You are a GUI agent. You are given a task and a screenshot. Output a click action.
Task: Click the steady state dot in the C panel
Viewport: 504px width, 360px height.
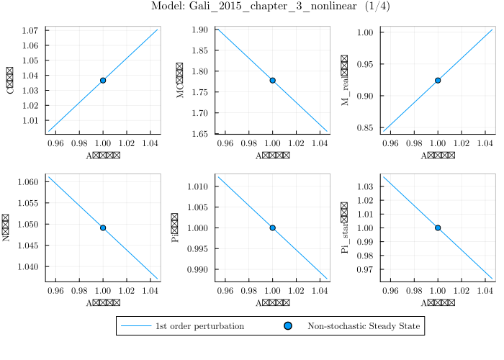coord(103,80)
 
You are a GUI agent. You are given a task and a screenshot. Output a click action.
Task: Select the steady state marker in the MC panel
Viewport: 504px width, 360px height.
coord(272,80)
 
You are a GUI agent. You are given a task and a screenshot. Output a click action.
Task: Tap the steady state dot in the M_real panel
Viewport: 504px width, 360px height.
coord(438,80)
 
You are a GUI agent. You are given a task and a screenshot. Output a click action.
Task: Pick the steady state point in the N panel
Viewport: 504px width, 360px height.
coord(103,228)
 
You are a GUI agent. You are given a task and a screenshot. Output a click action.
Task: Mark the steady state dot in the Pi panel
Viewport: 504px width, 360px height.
coord(272,228)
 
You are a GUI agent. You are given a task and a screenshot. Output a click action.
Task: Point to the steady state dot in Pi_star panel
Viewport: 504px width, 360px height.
coord(438,228)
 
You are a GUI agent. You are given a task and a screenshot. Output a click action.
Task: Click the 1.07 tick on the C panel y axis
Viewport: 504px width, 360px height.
coord(32,31)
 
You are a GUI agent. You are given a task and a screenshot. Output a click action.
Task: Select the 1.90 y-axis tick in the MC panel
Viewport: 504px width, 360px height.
coord(200,30)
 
